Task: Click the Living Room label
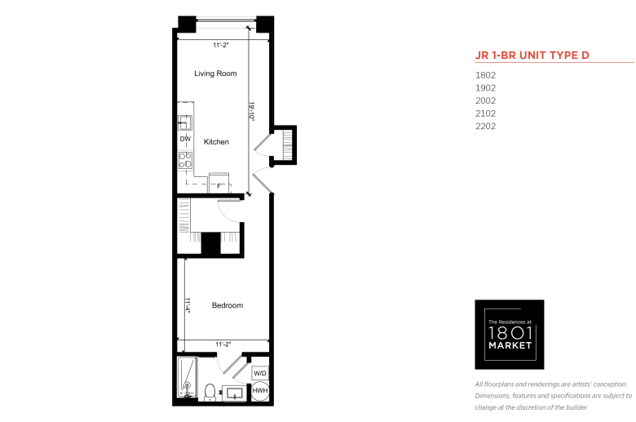tap(215, 73)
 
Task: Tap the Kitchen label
tap(216, 142)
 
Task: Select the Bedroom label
tap(227, 305)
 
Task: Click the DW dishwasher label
tap(185, 139)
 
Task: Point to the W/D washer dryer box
tap(260, 373)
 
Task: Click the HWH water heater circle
tap(260, 391)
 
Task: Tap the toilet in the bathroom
tap(210, 393)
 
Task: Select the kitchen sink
tap(185, 122)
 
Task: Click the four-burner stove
tap(185, 160)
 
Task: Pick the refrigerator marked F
tap(219, 183)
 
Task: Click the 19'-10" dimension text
tap(251, 111)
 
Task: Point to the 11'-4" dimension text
tap(188, 305)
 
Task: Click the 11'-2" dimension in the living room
tap(221, 45)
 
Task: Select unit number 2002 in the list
tap(485, 100)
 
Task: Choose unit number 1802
tap(485, 75)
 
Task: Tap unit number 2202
tap(485, 127)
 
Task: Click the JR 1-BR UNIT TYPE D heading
tap(532, 56)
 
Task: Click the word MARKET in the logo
tap(510, 345)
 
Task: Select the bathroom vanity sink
tap(235, 393)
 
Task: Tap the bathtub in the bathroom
tap(187, 377)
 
